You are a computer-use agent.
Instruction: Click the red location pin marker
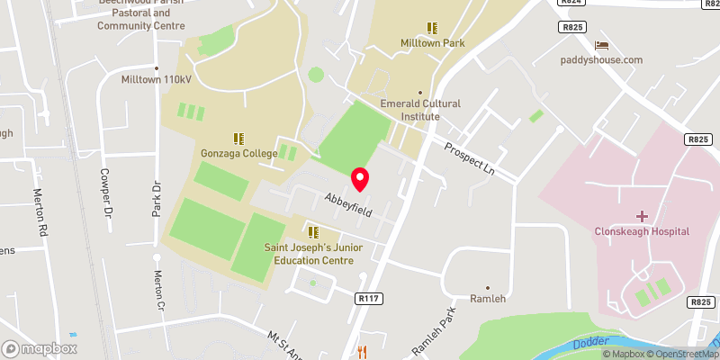[360, 179]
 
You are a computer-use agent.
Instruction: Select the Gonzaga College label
[239, 154]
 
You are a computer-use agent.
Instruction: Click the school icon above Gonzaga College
[238, 139]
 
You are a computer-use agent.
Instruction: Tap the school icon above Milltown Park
[432, 28]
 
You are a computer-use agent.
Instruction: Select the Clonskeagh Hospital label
[642, 231]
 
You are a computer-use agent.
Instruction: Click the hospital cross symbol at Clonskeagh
[642, 216]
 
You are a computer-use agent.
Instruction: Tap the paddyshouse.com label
[602, 60]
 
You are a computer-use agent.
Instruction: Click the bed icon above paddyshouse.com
[601, 45]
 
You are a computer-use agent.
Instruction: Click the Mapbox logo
[40, 348]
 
